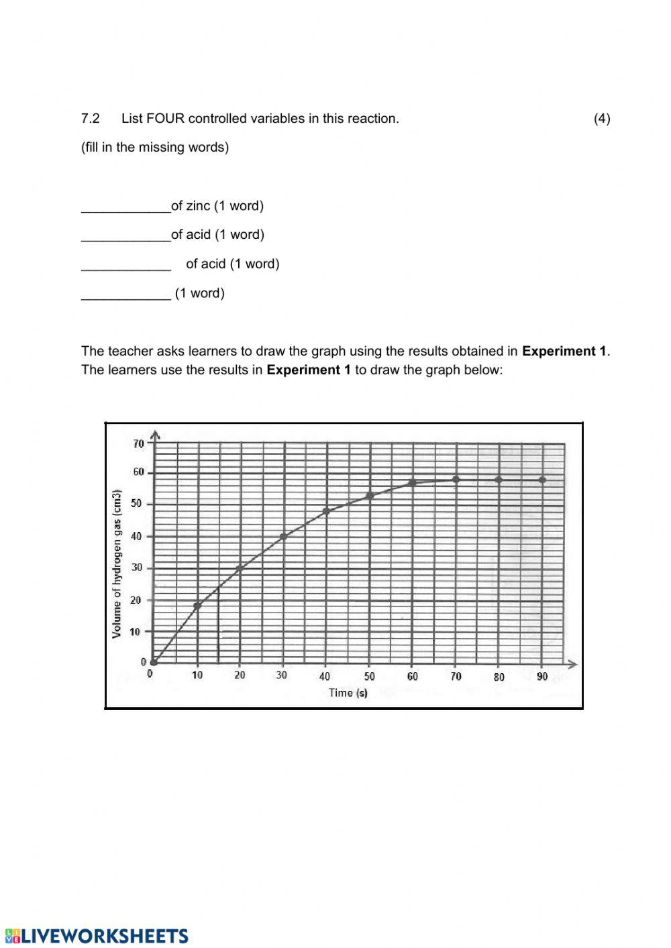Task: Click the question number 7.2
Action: tap(91, 119)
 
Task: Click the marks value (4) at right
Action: tap(602, 119)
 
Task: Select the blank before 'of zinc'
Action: tap(125, 207)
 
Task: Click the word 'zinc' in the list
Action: tap(198, 206)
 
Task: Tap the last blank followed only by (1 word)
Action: tap(125, 294)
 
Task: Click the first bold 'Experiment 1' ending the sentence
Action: tap(564, 351)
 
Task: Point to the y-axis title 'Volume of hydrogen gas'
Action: tap(117, 564)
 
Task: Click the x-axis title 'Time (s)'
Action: tap(348, 693)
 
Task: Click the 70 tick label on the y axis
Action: tap(138, 443)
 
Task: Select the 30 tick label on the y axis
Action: tap(137, 568)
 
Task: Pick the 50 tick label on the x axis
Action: tap(370, 676)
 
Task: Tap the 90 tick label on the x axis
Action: tap(542, 676)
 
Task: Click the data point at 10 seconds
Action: tap(197, 607)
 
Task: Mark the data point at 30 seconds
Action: tap(283, 537)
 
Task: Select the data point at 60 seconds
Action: tap(413, 483)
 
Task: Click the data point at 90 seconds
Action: tap(542, 480)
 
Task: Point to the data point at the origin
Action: tap(154, 663)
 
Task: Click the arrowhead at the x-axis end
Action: tap(572, 664)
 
